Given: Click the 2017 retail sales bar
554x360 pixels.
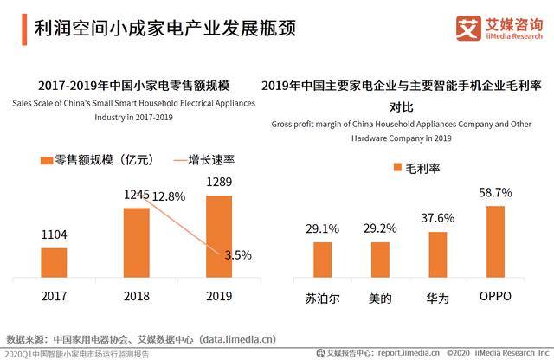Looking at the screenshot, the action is click(54, 263).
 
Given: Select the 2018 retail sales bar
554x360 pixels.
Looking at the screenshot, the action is click(137, 242).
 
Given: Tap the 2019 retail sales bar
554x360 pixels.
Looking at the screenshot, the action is click(219, 237).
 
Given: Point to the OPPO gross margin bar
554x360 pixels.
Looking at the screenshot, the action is click(495, 242).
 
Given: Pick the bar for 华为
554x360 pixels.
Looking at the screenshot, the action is click(438, 254).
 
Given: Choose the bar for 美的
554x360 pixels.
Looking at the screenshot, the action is click(380, 260).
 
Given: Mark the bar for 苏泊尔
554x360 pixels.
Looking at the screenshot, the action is click(323, 260).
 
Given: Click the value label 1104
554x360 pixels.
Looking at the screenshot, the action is click(54, 235).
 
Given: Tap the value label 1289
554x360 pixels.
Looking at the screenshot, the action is click(219, 182).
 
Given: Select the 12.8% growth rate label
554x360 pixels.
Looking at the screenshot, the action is click(169, 196).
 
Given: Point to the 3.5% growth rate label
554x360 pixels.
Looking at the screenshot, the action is click(238, 255).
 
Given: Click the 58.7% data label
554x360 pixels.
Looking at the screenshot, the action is click(495, 192).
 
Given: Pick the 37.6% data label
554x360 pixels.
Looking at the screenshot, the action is click(438, 218).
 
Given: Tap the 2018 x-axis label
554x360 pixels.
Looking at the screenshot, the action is click(137, 296).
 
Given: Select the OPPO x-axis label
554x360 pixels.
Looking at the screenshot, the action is click(495, 296).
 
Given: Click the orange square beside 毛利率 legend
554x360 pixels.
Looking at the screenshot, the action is click(398, 167).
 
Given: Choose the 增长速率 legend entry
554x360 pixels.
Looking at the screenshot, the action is click(204, 160).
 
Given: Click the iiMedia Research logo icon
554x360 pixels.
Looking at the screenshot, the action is click(468, 29).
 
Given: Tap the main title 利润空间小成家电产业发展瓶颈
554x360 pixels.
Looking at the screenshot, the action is click(165, 29).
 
